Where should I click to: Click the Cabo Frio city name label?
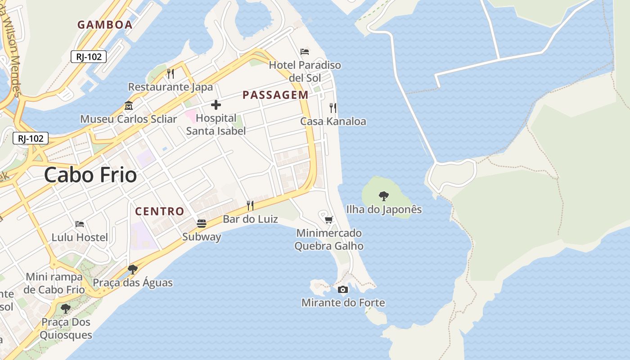click(x=90, y=175)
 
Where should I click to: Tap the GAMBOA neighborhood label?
click(x=105, y=25)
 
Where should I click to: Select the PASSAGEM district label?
click(x=275, y=95)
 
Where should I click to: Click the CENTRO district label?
click(x=160, y=211)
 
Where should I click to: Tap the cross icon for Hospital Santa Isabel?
click(x=216, y=105)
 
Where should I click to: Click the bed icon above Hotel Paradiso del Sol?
click(x=305, y=52)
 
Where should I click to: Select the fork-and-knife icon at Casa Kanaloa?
click(x=333, y=108)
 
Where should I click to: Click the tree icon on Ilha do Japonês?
click(x=384, y=196)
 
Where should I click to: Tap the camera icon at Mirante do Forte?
click(x=343, y=289)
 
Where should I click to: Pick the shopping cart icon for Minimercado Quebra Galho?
click(x=329, y=220)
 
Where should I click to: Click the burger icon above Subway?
click(x=202, y=224)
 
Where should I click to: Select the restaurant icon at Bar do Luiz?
click(x=250, y=206)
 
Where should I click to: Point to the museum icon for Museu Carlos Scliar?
click(x=129, y=106)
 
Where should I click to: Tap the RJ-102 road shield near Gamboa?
click(x=89, y=57)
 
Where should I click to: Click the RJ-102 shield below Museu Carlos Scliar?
click(x=31, y=138)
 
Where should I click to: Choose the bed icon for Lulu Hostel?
click(x=80, y=224)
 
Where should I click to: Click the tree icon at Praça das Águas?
click(x=132, y=270)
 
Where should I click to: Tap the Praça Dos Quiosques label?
click(x=66, y=328)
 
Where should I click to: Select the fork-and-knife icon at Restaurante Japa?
click(x=171, y=73)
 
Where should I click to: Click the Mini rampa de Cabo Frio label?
click(x=54, y=283)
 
